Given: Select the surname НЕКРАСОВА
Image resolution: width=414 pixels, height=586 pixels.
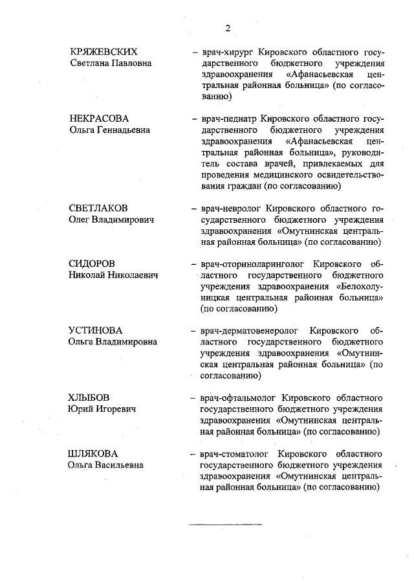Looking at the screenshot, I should (99, 118).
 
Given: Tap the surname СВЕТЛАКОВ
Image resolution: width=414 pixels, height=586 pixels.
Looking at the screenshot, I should (98, 208).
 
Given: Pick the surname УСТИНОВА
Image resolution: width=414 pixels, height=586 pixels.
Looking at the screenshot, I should (96, 330).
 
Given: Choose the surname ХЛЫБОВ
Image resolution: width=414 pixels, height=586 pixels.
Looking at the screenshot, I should (89, 398).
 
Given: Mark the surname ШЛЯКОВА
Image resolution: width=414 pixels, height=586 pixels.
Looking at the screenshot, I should (93, 453).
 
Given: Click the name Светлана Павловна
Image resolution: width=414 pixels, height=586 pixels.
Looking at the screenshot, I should (111, 63).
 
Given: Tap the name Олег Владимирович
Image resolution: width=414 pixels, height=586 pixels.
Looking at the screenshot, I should (111, 220).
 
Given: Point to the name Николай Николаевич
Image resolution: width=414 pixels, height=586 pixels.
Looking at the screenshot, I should (113, 275).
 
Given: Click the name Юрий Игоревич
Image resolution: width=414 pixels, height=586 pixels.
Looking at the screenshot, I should (105, 409).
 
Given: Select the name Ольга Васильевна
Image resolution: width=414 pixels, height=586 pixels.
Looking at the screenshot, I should (106, 465).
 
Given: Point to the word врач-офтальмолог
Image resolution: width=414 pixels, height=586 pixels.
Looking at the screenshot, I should (233, 398).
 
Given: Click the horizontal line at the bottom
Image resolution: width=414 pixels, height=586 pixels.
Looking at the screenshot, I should (224, 523).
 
